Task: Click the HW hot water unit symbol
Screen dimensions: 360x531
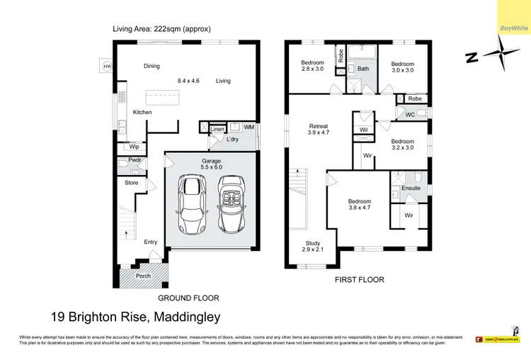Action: click(107, 67)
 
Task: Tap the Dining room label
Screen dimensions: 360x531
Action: click(152, 67)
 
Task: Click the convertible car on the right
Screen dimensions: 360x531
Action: click(232, 205)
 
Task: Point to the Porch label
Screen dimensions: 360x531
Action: click(143, 276)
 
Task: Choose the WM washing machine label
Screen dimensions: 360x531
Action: click(249, 127)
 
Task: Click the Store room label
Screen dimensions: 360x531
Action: click(132, 183)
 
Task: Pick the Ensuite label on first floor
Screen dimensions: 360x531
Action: click(411, 189)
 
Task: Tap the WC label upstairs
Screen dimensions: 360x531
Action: click(410, 115)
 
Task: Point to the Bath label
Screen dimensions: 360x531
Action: click(362, 69)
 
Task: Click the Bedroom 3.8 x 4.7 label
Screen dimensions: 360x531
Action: click(360, 205)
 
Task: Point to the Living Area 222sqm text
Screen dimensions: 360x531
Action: click(161, 29)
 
